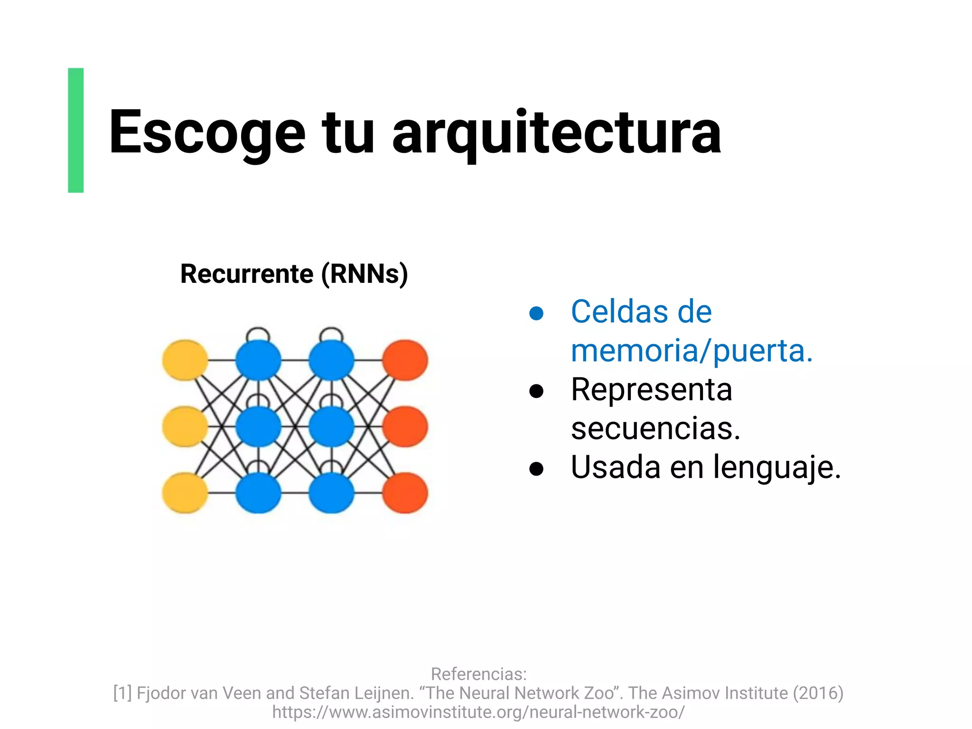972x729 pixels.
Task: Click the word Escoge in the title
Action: (x=206, y=133)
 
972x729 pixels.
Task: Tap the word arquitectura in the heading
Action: (x=556, y=133)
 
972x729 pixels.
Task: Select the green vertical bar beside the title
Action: (x=76, y=130)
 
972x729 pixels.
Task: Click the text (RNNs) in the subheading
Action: (x=364, y=274)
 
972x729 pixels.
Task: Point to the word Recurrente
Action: (x=247, y=274)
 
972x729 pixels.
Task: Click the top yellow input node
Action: (x=185, y=360)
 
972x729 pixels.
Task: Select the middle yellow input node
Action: (x=185, y=426)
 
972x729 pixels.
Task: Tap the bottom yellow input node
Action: (x=185, y=493)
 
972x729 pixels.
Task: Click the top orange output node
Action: (x=405, y=360)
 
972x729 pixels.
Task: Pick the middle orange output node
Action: (x=405, y=426)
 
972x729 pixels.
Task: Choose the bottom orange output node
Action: (x=405, y=493)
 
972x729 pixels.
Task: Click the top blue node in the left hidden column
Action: (x=258, y=360)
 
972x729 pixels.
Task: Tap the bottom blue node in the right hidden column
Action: (x=331, y=493)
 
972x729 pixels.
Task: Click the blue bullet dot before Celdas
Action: (x=536, y=313)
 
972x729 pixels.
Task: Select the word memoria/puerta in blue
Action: (x=692, y=351)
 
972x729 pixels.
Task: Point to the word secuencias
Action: (x=655, y=429)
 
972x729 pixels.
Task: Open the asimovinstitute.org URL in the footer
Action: (x=478, y=712)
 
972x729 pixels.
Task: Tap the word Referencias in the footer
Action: (x=478, y=674)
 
